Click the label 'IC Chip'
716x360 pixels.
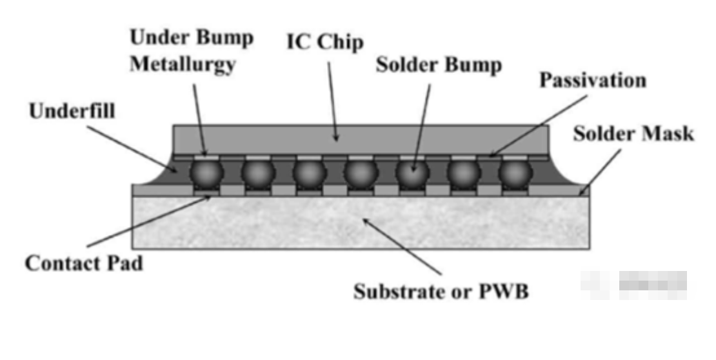pos(324,43)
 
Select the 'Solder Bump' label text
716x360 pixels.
pos(438,65)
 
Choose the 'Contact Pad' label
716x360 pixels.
pos(84,263)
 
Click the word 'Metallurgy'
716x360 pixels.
pos(182,66)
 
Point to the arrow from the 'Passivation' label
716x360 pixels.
pos(539,126)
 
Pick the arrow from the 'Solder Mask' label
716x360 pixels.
pos(600,169)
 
